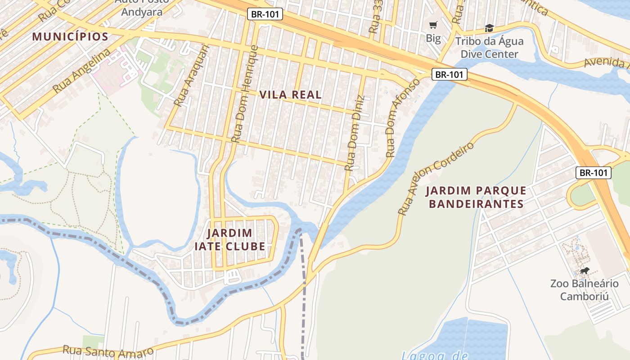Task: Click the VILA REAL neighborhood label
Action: click(291, 94)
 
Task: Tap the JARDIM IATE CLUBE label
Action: click(230, 240)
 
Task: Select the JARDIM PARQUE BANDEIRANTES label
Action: click(476, 197)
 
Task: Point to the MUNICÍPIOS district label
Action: click(70, 37)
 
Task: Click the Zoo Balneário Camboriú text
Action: click(584, 290)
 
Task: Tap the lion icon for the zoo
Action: click(585, 271)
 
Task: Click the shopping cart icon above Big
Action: click(433, 25)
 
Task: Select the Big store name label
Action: click(433, 38)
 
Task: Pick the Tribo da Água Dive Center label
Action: click(489, 48)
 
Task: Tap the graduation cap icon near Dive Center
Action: click(489, 28)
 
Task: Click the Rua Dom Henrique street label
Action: click(243, 94)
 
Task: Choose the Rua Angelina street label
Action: click(81, 71)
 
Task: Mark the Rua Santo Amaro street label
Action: click(108, 351)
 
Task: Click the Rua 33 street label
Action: click(374, 17)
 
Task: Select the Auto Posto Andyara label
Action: click(142, 7)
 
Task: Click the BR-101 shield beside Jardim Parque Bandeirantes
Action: click(594, 172)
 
